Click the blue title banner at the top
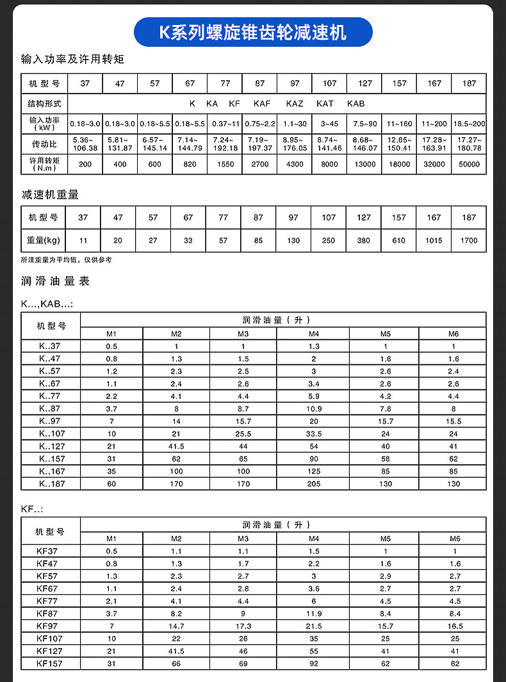tap(253, 31)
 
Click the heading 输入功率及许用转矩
tap(72, 60)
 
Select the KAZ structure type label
tap(295, 103)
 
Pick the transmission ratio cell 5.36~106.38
tap(85, 144)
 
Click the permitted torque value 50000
tap(469, 165)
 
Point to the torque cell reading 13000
tap(364, 165)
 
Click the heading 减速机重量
tap(50, 195)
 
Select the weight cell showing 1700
tap(469, 241)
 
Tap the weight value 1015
tap(434, 241)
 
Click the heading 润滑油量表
tap(56, 281)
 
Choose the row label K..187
tap(51, 484)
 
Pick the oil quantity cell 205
tap(314, 484)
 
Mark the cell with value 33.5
tap(314, 434)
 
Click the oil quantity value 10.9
tap(314, 409)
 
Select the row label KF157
tap(51, 663)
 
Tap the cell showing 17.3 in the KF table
tap(243, 626)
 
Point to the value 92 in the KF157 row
tap(314, 663)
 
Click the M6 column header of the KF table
tap(454, 539)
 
